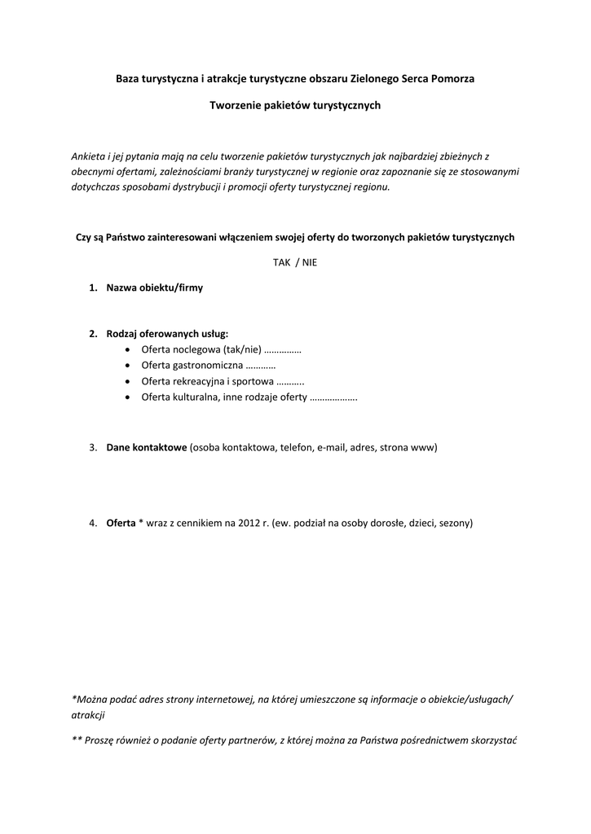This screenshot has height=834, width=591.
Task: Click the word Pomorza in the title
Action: (x=453, y=79)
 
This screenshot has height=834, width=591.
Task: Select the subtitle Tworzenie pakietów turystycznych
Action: (x=295, y=105)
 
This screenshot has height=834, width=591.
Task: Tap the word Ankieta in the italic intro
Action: (x=88, y=155)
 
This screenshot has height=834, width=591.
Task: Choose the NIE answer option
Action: (x=309, y=262)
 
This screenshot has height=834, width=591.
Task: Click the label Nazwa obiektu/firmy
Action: (x=155, y=288)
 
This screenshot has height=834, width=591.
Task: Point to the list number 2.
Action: (x=93, y=334)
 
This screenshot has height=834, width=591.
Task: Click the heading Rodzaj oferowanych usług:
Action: (x=167, y=334)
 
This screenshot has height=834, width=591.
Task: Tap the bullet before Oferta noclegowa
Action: (x=131, y=349)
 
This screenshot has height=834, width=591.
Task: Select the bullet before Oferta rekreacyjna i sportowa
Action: (x=131, y=381)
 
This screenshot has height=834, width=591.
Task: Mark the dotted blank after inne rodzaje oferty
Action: (x=334, y=397)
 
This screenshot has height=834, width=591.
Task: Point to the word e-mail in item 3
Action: (x=331, y=448)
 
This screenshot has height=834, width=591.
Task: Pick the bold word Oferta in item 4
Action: (x=121, y=523)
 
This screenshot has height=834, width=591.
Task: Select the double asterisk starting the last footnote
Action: (x=77, y=741)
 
